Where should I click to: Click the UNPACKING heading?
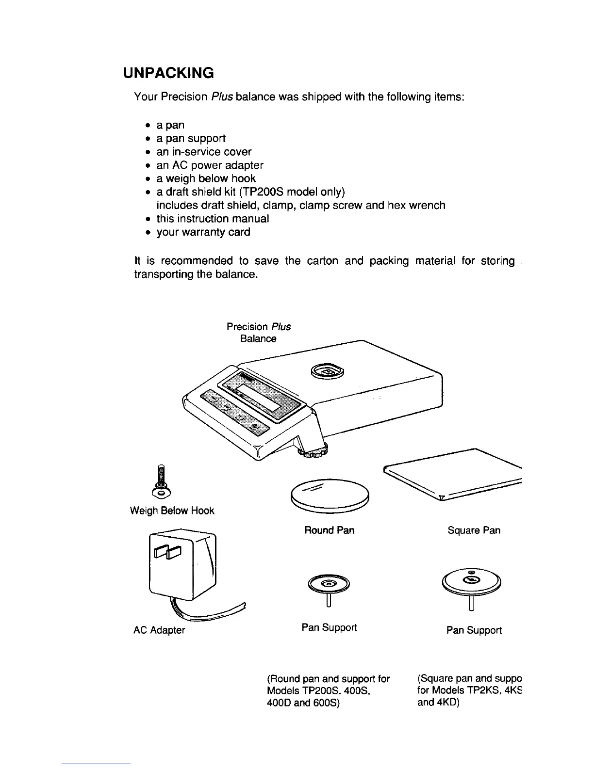click(168, 73)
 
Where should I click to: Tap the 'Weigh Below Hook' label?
click(172, 511)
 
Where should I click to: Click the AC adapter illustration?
click(183, 567)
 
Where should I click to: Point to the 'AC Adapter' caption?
click(159, 630)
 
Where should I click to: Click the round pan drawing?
click(330, 496)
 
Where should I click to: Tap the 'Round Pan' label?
click(329, 530)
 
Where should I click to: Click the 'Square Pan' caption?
click(474, 530)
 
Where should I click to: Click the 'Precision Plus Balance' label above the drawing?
click(258, 333)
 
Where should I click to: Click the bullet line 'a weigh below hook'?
click(206, 178)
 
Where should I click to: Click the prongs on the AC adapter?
click(166, 552)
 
